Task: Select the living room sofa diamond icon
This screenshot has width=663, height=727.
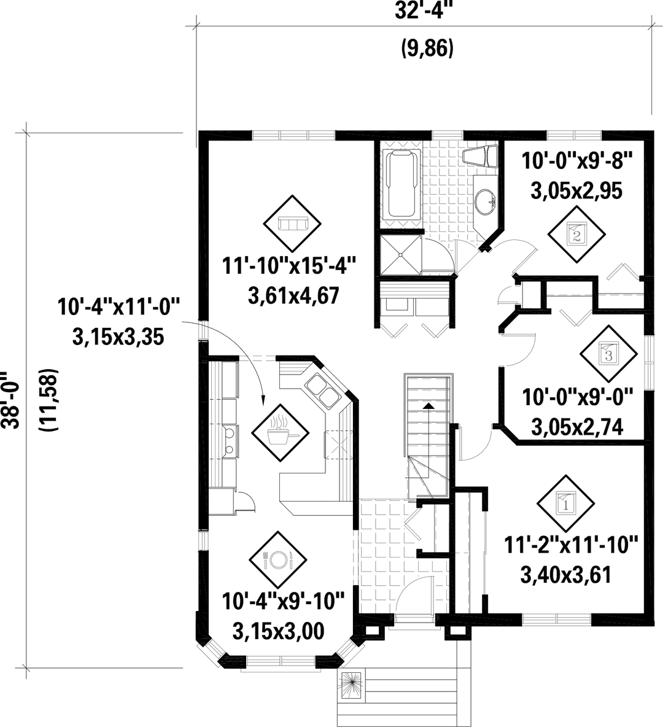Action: (x=292, y=224)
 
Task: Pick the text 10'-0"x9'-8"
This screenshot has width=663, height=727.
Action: (x=577, y=162)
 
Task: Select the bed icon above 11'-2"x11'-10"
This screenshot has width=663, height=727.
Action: (x=565, y=503)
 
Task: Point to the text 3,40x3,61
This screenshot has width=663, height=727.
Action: (x=565, y=575)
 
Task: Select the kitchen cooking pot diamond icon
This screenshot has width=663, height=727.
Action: (x=279, y=429)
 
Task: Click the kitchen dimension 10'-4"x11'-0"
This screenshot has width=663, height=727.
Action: (x=119, y=306)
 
